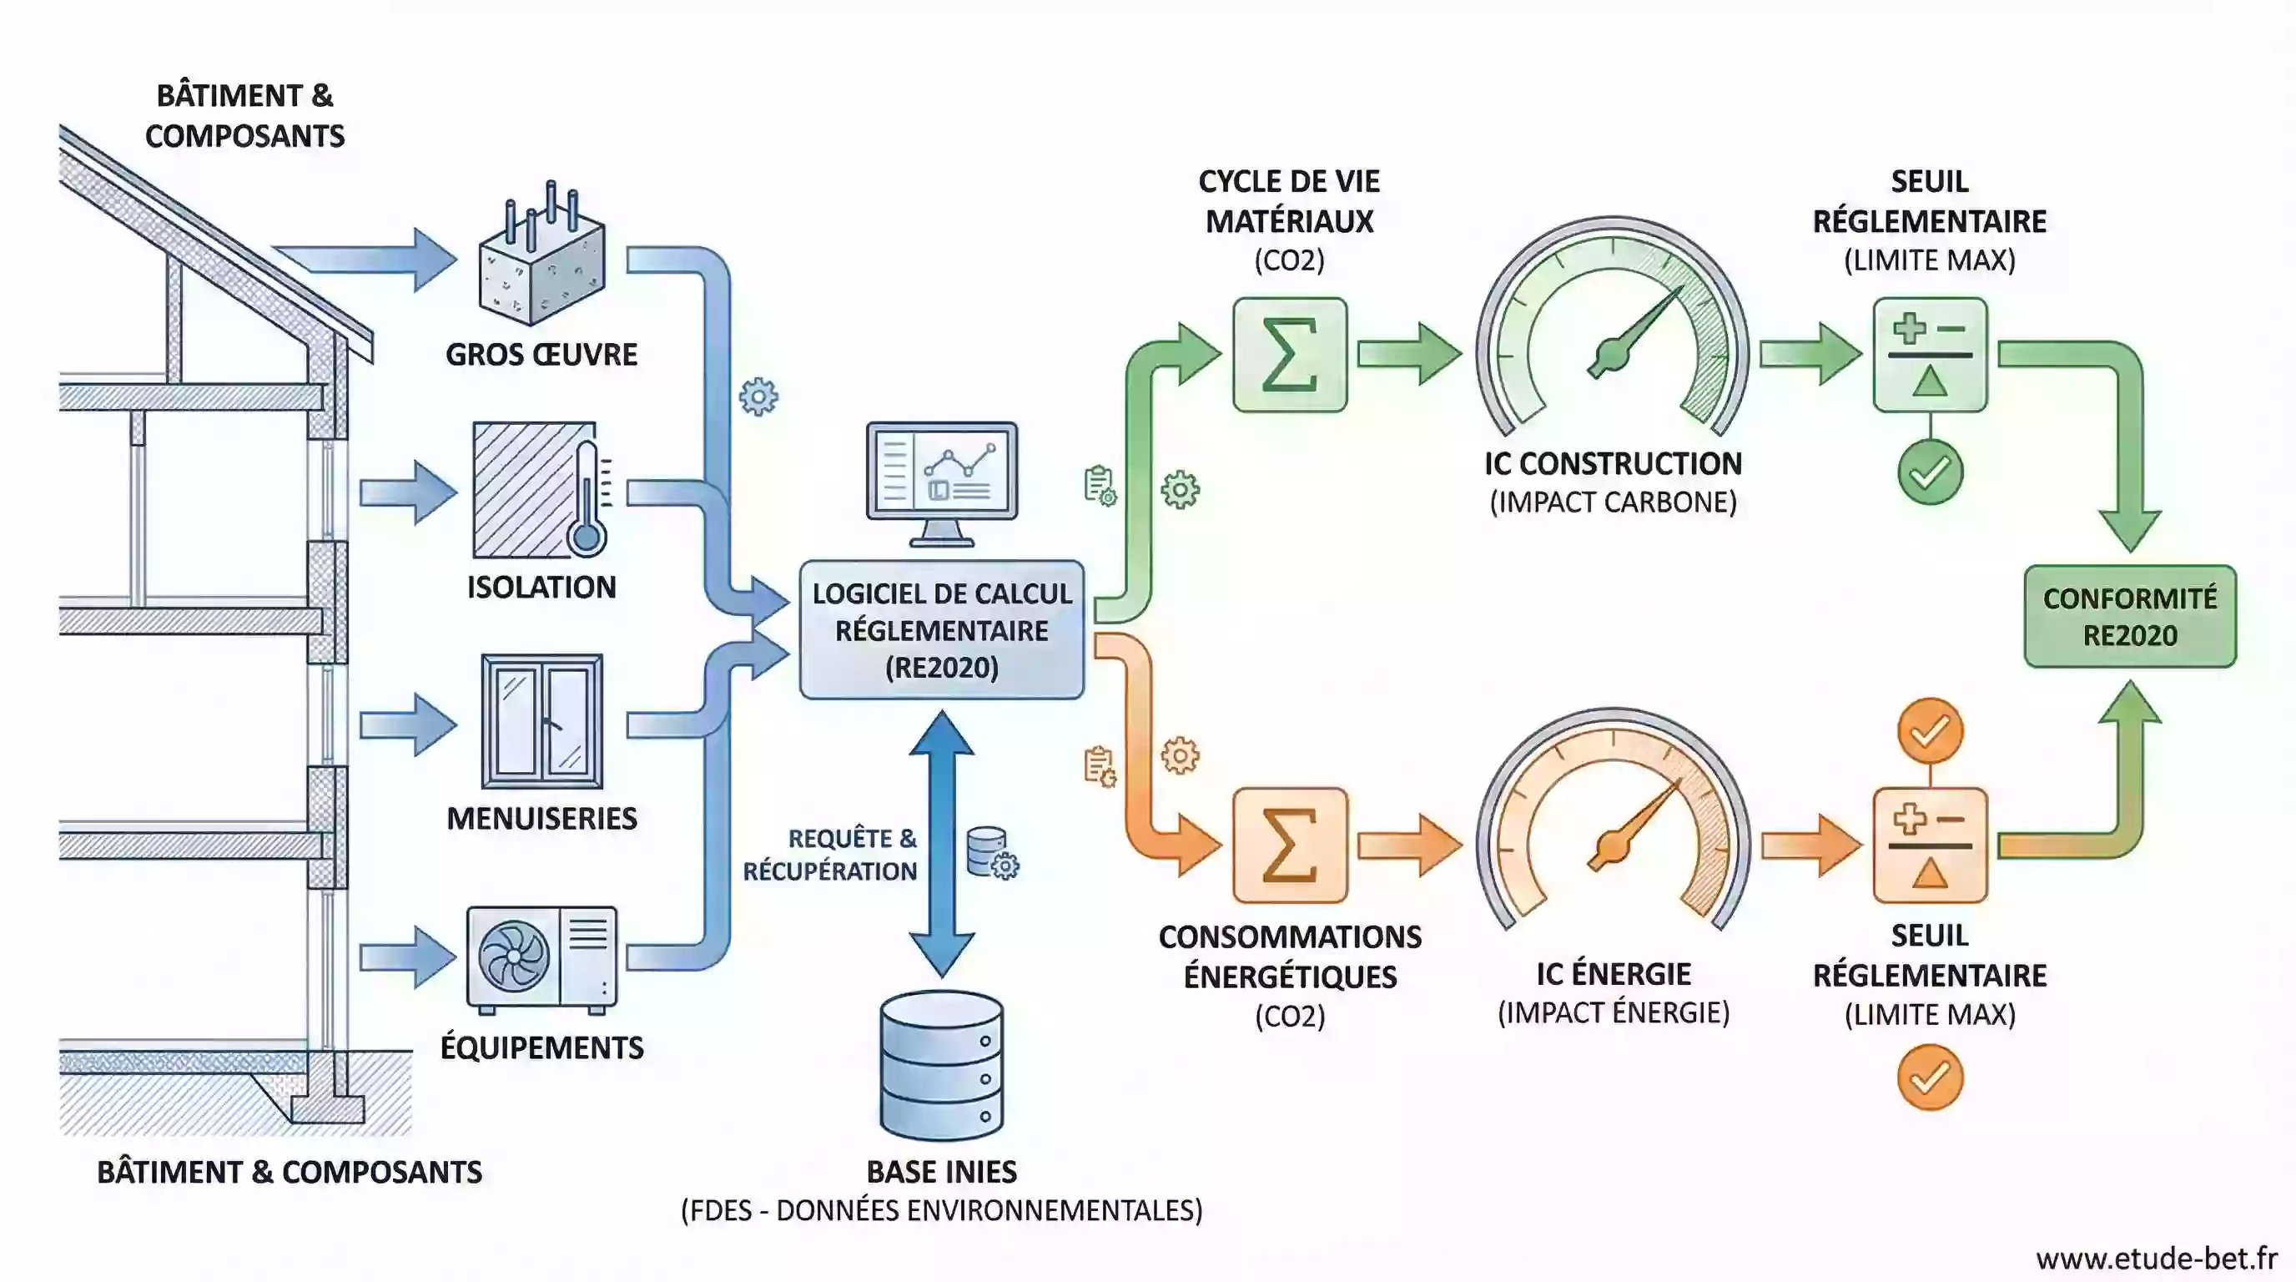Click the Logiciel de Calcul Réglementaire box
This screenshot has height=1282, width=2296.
click(x=941, y=629)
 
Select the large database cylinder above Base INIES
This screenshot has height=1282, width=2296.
click(x=941, y=1064)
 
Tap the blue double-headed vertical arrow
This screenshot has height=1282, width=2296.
click(x=941, y=842)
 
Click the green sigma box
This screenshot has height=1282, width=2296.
click(x=1290, y=355)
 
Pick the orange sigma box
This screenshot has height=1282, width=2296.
click(x=1290, y=845)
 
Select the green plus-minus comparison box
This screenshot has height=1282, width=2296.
click(x=1930, y=355)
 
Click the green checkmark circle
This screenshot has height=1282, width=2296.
click(x=1930, y=472)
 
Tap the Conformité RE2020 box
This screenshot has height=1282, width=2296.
click(x=2129, y=616)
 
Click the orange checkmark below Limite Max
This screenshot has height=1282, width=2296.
click(x=1930, y=1078)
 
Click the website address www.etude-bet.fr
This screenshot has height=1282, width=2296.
click(x=2156, y=1258)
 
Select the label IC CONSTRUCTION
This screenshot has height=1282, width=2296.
click(x=1613, y=463)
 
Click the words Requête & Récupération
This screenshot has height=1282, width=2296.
click(x=830, y=854)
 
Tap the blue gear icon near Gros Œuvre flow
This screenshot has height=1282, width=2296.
click(x=758, y=396)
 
